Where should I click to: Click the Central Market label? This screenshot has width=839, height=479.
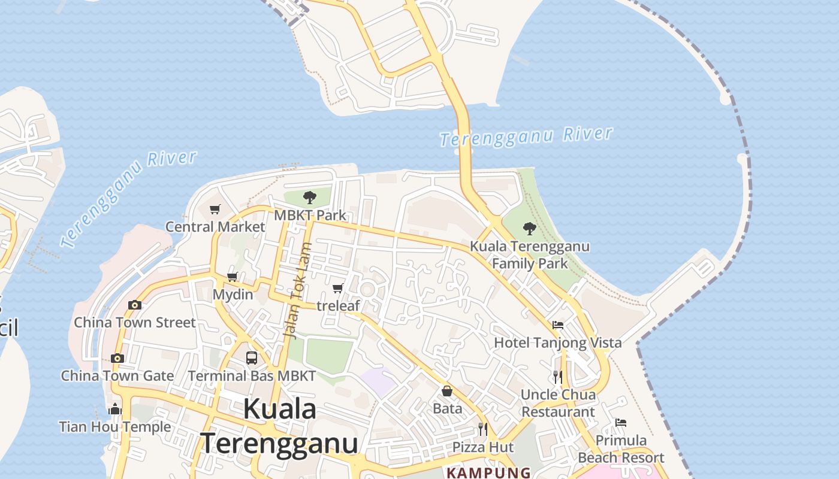(x=215, y=227)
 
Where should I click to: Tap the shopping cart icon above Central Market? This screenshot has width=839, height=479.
(x=215, y=209)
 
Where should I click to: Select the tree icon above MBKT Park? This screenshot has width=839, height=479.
(x=310, y=197)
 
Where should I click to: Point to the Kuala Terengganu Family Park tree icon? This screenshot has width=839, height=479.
(x=529, y=228)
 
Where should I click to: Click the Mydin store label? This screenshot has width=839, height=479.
(x=233, y=295)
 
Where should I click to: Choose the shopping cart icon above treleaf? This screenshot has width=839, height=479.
(x=338, y=289)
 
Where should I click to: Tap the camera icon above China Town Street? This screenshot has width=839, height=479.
(x=135, y=305)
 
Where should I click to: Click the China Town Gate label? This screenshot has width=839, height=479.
(x=117, y=376)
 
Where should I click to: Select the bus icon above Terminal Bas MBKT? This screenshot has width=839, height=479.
(x=252, y=358)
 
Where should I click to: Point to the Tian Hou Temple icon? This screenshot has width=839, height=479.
(x=115, y=410)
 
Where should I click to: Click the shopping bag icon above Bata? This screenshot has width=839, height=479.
(x=447, y=392)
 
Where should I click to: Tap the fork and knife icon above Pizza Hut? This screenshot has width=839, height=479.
(x=482, y=429)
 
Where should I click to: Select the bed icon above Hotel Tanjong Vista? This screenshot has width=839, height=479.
(x=558, y=325)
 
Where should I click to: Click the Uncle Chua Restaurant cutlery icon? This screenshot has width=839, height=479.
(x=558, y=377)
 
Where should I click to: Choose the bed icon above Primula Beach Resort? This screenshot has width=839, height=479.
(x=621, y=423)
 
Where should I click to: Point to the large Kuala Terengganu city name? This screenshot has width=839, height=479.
(x=280, y=426)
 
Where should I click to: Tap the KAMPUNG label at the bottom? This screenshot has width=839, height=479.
(x=488, y=473)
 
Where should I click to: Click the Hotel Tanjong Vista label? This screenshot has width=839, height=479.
(x=557, y=343)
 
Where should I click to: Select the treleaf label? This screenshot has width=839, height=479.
(x=338, y=306)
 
